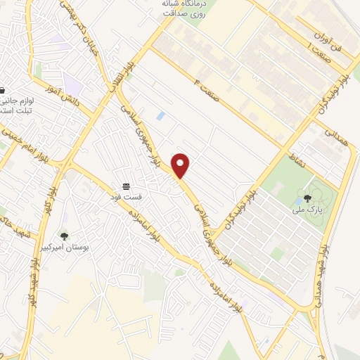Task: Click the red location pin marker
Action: coord(181,165)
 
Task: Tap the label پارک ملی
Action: coord(307,209)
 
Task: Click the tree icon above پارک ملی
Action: coord(307,198)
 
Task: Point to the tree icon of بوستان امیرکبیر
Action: coord(65,237)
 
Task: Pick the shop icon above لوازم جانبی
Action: coord(2,91)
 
